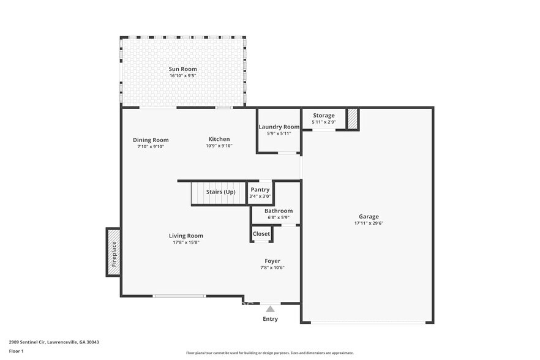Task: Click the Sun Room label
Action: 182,69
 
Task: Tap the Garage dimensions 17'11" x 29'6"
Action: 369,223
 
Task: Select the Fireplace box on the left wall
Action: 113,252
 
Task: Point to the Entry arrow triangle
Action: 270,309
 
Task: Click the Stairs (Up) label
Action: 220,192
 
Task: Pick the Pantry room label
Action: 260,190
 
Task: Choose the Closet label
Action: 261,234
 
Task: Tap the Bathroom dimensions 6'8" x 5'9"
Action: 279,217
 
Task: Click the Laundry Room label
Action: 279,127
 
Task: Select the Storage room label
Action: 324,115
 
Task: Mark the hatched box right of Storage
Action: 353,119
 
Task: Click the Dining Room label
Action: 151,140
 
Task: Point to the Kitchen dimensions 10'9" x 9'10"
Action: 218,146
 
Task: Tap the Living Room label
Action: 186,236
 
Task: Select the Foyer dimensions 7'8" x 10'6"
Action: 272,268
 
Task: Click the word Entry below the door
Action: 270,319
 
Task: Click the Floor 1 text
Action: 16,351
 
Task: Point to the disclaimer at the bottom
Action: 270,353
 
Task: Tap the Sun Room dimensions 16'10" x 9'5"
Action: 182,76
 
